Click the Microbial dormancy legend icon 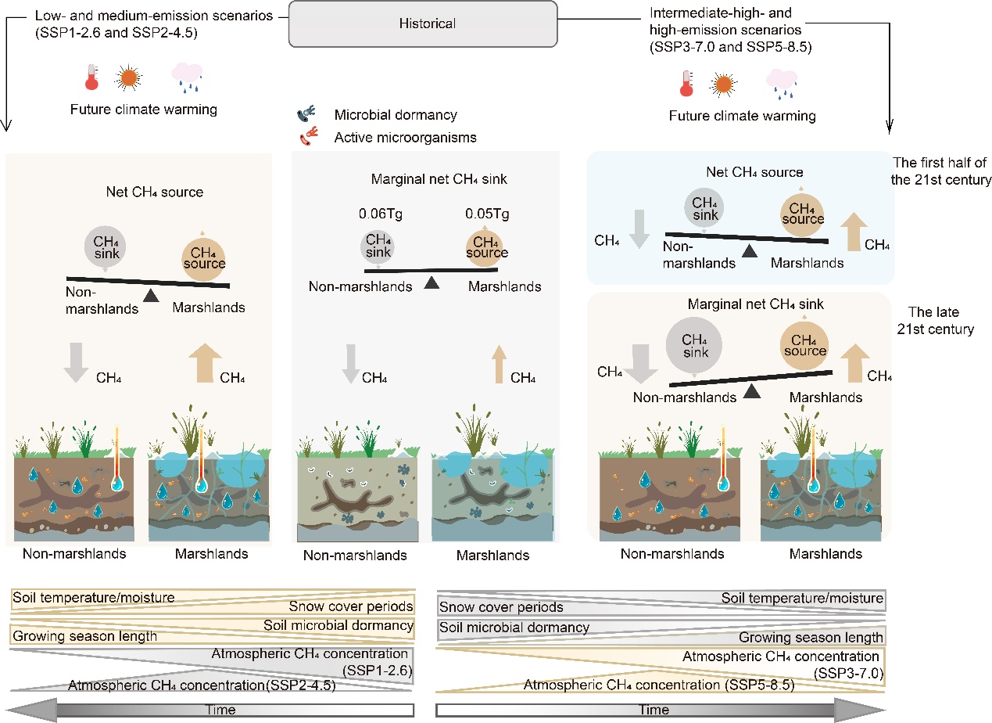click(306, 115)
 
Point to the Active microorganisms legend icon click(307, 138)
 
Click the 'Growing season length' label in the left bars click(85, 636)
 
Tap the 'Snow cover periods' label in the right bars click(501, 607)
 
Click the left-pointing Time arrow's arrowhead click(23, 710)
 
